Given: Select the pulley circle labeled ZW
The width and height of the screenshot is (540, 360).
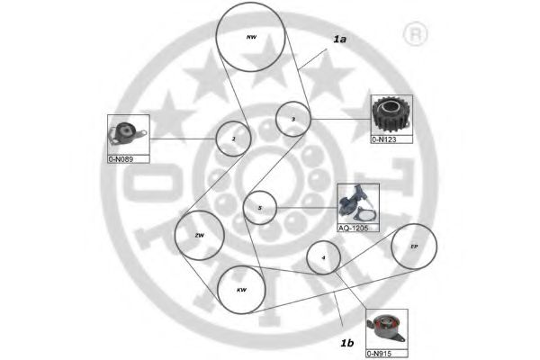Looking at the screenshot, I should click(200, 235).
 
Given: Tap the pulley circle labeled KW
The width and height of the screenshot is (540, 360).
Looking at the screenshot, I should click(241, 290).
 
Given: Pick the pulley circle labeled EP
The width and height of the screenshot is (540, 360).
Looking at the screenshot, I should click(414, 246).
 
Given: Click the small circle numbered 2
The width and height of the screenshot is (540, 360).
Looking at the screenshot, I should click(233, 139).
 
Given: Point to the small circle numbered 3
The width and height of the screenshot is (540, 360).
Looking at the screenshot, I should click(292, 119).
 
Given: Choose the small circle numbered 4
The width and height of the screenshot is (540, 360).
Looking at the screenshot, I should click(323, 259).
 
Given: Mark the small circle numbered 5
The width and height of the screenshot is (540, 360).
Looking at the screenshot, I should click(259, 208).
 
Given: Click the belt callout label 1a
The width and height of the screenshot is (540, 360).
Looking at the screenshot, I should click(339, 40).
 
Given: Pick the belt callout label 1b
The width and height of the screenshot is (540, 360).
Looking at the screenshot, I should click(346, 343).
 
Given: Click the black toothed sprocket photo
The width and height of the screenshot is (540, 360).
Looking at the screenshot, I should click(390, 114).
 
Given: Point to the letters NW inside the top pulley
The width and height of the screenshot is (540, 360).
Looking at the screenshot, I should click(252, 38).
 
